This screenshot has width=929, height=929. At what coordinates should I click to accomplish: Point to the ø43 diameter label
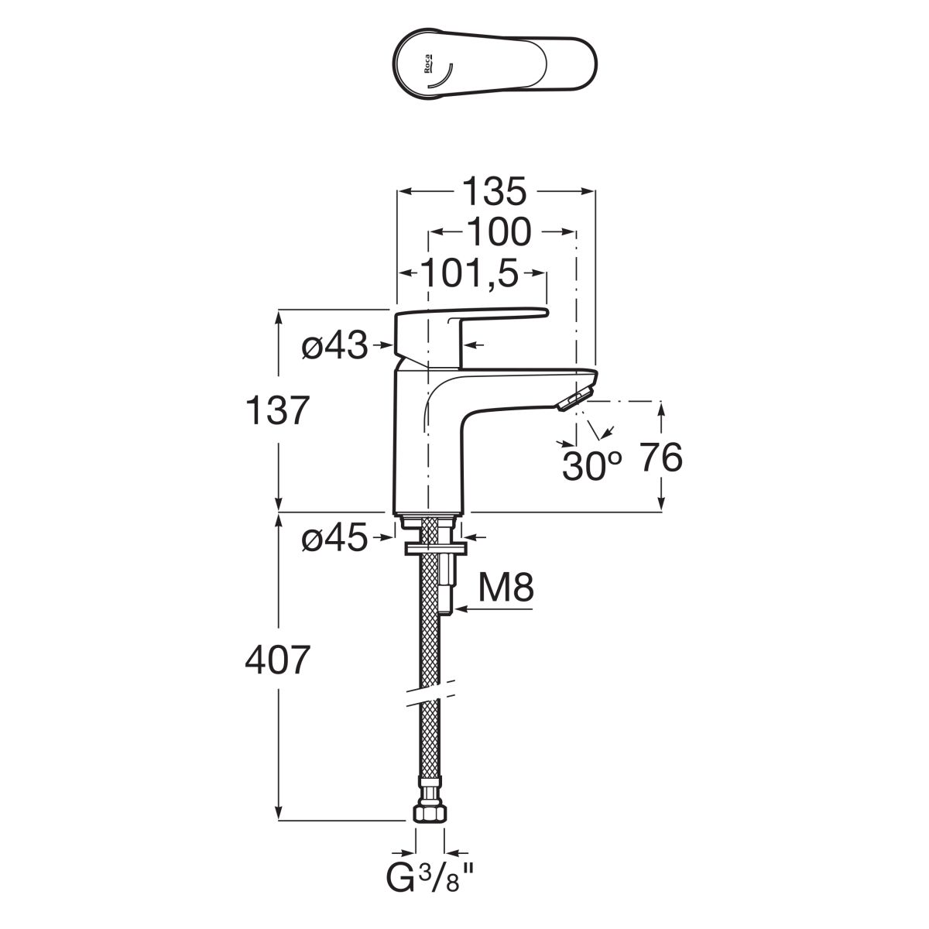click(334, 348)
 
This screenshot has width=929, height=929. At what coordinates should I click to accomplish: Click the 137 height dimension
click(277, 410)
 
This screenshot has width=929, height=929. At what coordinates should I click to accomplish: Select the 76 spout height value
click(660, 459)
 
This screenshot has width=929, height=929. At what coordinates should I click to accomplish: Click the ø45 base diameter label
click(334, 540)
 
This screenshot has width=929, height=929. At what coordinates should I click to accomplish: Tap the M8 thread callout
click(506, 589)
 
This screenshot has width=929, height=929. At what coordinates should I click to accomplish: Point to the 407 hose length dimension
click(277, 660)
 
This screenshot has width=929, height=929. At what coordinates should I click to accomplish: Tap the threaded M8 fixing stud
click(447, 584)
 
